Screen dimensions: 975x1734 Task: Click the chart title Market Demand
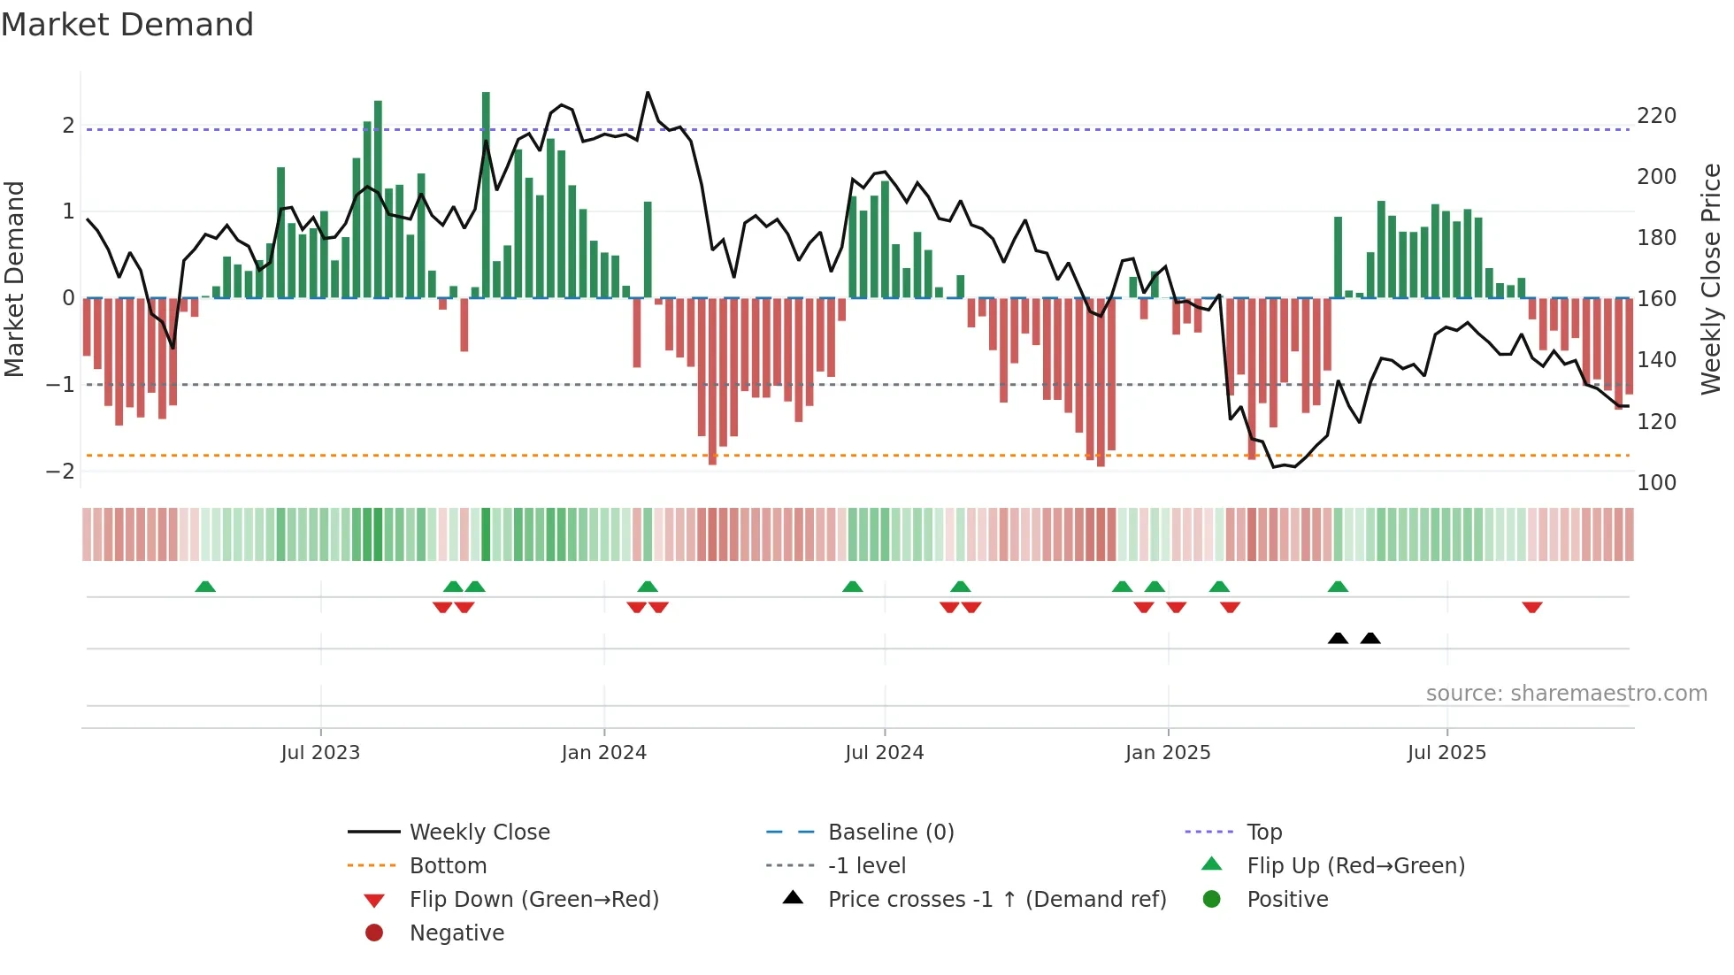point(127,25)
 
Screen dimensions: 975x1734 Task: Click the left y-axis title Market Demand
point(15,279)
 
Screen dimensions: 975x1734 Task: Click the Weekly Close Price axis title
point(1711,279)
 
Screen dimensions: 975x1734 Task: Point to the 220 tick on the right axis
point(1656,116)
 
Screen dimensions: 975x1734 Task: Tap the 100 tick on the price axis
point(1656,483)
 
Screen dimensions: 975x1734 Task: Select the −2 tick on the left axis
point(60,471)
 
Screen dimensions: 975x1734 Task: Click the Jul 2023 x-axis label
point(320,753)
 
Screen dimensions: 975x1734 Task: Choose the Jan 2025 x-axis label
point(1168,753)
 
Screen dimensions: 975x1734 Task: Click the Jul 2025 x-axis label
point(1446,753)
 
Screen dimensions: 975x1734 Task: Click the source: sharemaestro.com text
point(1566,694)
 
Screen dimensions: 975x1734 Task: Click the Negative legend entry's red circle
point(374,933)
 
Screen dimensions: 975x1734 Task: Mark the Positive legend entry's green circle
point(1212,900)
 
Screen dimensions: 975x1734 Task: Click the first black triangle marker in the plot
point(1338,639)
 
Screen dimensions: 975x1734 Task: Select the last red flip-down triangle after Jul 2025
point(1532,607)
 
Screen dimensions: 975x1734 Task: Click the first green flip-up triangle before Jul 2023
point(205,587)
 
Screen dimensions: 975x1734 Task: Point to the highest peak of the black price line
point(648,92)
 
